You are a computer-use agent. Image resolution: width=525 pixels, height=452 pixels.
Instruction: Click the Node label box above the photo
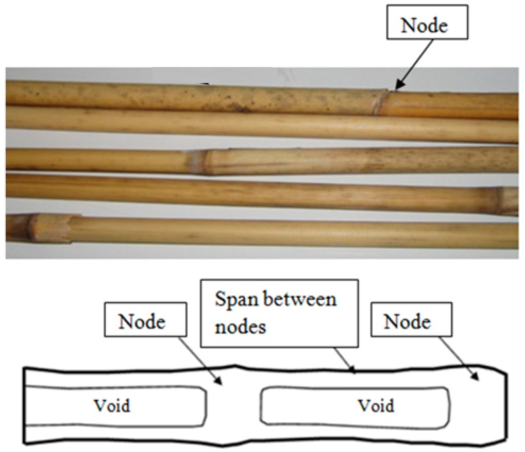coord(427,22)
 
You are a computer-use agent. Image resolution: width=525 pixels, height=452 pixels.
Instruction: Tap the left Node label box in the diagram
coord(145,320)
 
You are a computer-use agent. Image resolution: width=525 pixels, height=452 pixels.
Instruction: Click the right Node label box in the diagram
coord(411,320)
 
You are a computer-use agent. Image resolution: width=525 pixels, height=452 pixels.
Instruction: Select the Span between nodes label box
coord(279,313)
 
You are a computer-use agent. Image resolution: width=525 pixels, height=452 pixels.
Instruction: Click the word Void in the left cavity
coord(112,406)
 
